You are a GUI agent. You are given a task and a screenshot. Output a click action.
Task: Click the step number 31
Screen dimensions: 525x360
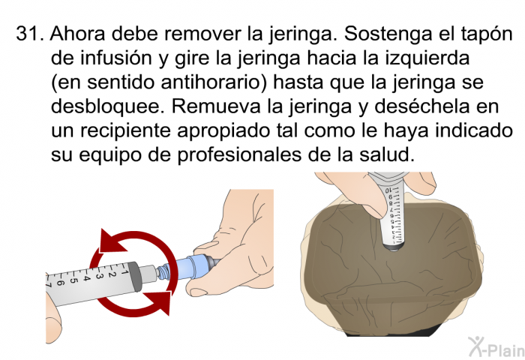coord(30,34)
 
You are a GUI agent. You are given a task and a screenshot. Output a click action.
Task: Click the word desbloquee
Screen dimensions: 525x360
coord(108,106)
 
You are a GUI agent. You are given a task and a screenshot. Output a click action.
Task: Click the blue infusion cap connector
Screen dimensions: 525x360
coord(190,266)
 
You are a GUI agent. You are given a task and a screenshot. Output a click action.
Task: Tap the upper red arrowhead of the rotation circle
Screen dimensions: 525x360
coord(112,241)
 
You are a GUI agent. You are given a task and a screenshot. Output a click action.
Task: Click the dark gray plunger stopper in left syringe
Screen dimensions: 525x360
coord(135,275)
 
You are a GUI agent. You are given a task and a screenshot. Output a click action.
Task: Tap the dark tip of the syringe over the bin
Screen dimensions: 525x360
coord(394,248)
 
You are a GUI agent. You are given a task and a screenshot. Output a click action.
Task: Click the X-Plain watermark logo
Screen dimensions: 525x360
coord(496,346)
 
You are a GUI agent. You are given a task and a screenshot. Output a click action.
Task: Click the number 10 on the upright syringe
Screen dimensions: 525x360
coord(388,190)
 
